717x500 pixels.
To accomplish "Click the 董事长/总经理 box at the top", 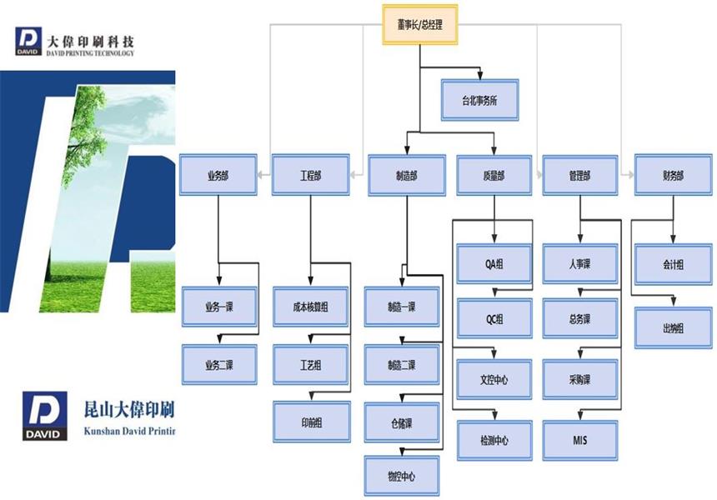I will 420,25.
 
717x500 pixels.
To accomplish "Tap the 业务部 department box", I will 218,175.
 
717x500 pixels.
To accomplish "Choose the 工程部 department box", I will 310,175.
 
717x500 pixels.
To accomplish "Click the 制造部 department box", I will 406,175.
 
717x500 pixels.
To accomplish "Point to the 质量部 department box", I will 494,175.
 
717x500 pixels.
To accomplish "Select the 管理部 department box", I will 580,175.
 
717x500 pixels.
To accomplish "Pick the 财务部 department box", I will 673,175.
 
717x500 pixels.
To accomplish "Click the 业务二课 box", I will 219,364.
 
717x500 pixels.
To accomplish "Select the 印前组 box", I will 311,421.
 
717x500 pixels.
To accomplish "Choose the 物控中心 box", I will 401,476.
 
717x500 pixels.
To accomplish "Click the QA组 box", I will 494,264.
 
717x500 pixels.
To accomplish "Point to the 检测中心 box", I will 494,439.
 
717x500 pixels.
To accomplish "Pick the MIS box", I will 580,439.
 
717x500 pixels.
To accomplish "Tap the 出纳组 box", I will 673,327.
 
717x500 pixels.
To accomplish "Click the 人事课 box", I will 580,264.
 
